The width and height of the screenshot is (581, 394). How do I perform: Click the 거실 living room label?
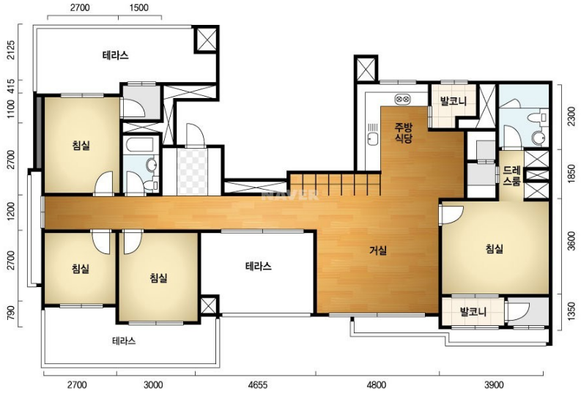pos(378,250)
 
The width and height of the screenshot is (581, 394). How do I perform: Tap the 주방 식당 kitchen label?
pos(403,133)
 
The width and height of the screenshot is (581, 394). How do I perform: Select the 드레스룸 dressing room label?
pos(512,176)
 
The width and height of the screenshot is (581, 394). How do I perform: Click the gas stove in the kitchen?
pos(403,99)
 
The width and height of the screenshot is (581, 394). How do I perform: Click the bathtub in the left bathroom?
pos(140,145)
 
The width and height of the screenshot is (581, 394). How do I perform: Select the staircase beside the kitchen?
pos(335,184)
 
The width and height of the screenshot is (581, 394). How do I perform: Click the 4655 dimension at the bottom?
pos(257,385)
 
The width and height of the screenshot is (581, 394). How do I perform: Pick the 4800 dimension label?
pos(376,385)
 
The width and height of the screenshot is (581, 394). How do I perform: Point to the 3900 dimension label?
pos(494,385)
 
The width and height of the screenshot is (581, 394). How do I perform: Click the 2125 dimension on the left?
pos(11,50)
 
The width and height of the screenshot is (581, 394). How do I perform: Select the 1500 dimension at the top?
pos(139,7)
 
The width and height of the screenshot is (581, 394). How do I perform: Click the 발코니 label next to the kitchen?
pos(453,101)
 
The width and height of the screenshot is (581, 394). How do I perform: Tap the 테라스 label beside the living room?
pos(259,266)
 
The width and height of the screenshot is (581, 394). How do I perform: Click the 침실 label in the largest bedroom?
pos(495,249)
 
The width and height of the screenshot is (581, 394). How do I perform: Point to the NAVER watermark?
pos(290,195)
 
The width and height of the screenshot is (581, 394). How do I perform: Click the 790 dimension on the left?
pos(11,313)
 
